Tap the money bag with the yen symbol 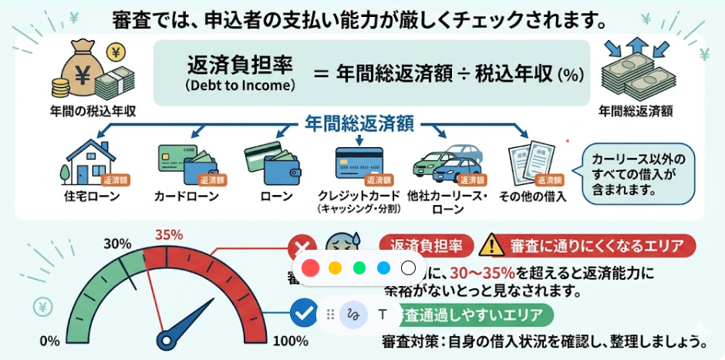click(x=88, y=68)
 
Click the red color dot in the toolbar click(x=310, y=268)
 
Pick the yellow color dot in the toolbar click(x=335, y=268)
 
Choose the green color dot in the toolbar click(x=359, y=268)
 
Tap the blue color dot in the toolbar click(x=383, y=268)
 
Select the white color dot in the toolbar click(x=409, y=268)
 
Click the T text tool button click(x=382, y=315)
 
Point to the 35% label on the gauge click(x=169, y=234)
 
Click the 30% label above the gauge click(x=117, y=244)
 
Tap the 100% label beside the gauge click(x=291, y=341)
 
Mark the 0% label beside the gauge click(x=49, y=341)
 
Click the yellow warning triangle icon click(x=491, y=246)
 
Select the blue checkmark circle click(x=302, y=313)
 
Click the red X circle click(x=301, y=248)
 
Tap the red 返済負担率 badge click(x=427, y=246)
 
